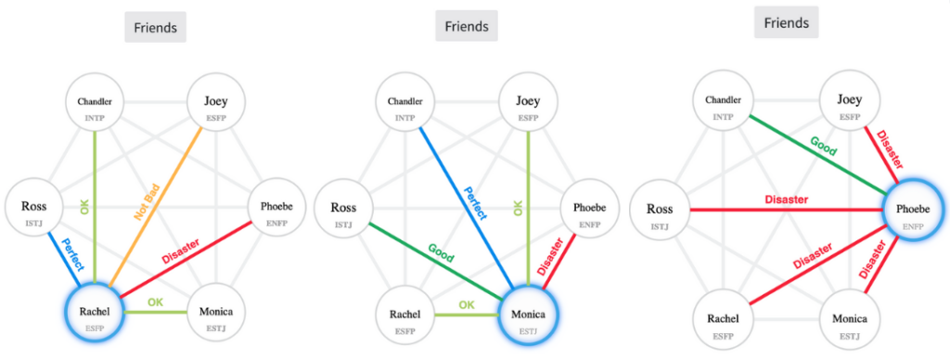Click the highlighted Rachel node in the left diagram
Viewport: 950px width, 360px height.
point(96,316)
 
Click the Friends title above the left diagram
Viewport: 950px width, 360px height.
point(156,28)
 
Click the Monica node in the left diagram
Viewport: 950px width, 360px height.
point(215,316)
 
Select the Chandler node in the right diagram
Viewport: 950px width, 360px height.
point(724,105)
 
